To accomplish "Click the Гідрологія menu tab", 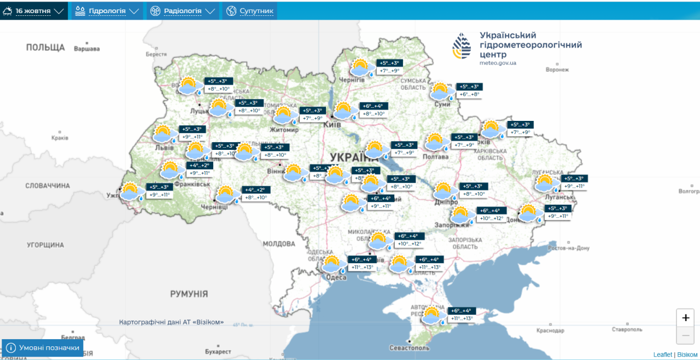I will (x=107, y=11).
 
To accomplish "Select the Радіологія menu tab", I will (x=183, y=11).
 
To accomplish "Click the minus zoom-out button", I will (x=685, y=335).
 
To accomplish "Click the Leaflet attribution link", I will (x=662, y=355).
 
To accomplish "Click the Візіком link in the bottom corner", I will (x=687, y=355).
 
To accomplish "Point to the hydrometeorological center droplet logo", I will (x=462, y=46).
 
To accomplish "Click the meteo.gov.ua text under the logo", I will (x=498, y=63).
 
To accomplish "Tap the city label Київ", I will (x=332, y=125).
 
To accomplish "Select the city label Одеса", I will (x=336, y=277).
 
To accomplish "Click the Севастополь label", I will (x=409, y=348).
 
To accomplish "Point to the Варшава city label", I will (x=87, y=49).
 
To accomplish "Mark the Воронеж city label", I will (x=557, y=70).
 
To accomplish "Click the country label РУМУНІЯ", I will (x=189, y=294).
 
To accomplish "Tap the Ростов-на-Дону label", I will (x=569, y=248).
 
